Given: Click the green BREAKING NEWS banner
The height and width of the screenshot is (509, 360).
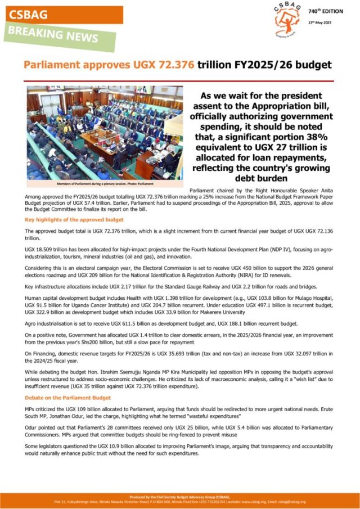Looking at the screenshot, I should click(52, 35).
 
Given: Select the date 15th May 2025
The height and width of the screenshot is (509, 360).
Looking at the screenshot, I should click(321, 22).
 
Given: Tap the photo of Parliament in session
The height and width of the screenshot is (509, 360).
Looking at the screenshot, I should click(105, 133).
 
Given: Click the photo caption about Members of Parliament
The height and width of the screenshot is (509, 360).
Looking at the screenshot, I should click(105, 184).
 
